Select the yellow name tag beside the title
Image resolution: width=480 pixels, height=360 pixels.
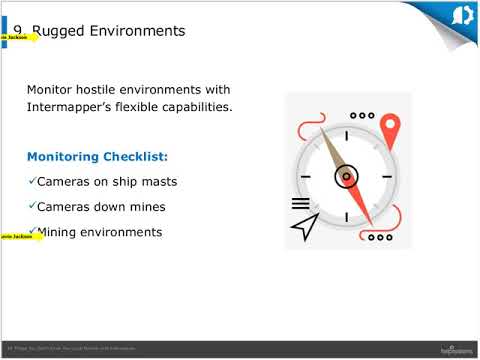tap(19, 37)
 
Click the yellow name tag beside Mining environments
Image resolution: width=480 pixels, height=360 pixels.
tap(19, 237)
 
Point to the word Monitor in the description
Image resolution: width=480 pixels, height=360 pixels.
tap(54, 89)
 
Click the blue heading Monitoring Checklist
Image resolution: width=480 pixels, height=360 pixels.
tap(97, 157)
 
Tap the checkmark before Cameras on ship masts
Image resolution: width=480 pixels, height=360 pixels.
tap(31, 181)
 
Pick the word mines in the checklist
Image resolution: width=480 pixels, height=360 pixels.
tap(145, 207)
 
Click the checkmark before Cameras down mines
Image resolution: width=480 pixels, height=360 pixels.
tap(31, 206)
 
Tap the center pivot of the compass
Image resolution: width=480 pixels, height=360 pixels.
tap(346, 177)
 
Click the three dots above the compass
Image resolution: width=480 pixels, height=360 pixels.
tap(362, 115)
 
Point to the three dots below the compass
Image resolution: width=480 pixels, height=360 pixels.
tap(379, 238)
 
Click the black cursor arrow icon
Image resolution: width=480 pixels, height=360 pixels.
tap(303, 228)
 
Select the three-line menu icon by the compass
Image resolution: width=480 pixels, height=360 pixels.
tap(300, 202)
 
